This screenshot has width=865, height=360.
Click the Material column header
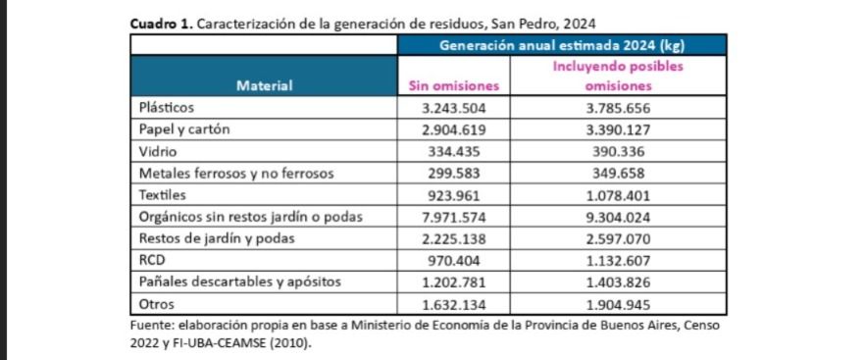[264, 86]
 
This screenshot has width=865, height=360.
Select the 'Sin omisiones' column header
[453, 86]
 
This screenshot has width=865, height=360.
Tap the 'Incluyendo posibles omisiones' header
[618, 77]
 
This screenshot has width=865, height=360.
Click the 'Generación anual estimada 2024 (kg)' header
[562, 45]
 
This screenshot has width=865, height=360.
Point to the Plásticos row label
[167, 108]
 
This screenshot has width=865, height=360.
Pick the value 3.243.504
[453, 108]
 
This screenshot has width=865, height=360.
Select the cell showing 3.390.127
[618, 130]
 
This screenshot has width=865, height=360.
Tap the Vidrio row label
[157, 151]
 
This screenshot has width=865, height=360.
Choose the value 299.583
[454, 174]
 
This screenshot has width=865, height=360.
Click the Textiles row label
[163, 195]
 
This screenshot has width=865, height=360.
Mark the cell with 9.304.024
[618, 218]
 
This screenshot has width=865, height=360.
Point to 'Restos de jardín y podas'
[217, 239]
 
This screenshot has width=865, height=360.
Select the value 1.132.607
[618, 261]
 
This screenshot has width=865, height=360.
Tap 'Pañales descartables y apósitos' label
[240, 283]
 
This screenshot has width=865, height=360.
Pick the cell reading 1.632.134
[453, 305]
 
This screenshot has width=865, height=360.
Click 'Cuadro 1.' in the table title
[161, 25]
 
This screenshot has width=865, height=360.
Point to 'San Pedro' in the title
[524, 25]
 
